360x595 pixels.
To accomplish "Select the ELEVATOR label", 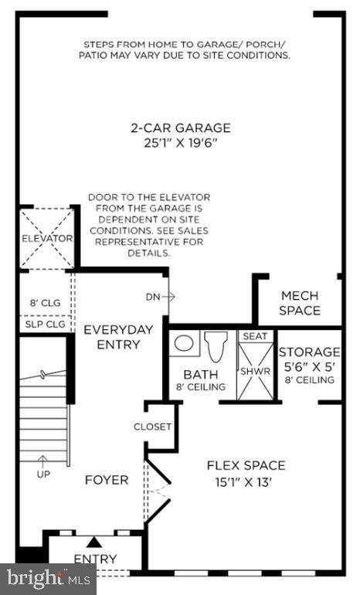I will click(47, 239).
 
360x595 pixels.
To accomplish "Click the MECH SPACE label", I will click(300, 303).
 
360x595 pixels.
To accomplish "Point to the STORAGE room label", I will click(309, 352).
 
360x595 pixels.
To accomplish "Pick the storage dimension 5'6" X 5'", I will click(309, 366).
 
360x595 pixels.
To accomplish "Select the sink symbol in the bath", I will click(183, 343).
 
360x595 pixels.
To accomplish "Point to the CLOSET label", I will click(153, 427).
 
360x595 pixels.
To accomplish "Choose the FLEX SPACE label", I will click(246, 465).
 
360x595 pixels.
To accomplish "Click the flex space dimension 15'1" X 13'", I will click(246, 481).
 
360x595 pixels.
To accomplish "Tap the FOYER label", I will click(107, 480).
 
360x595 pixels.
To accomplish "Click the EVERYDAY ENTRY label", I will click(117, 336).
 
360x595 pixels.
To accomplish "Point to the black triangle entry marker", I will click(94, 542).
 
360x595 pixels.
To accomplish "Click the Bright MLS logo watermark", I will click(48, 577).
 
